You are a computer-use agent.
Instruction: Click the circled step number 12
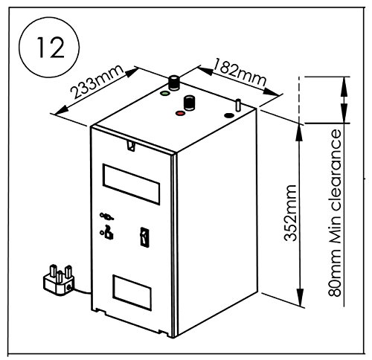[49, 47]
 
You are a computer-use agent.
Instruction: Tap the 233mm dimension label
[97, 81]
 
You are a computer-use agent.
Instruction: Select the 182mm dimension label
[240, 72]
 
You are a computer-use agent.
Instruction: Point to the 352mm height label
[290, 213]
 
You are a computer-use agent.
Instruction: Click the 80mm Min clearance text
[335, 213]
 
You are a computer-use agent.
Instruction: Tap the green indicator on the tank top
[165, 94]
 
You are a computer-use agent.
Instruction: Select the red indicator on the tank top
[180, 113]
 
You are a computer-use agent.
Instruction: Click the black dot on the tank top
[229, 115]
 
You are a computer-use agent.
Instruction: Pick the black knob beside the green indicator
[174, 83]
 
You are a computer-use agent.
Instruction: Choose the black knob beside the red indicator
[189, 103]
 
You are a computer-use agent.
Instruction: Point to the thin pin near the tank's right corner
[238, 105]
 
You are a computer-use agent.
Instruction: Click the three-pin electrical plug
[59, 280]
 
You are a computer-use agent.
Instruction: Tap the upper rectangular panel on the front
[131, 184]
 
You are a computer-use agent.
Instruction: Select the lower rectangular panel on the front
[132, 292]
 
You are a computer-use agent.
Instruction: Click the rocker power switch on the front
[144, 237]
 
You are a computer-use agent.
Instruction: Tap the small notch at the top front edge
[131, 146]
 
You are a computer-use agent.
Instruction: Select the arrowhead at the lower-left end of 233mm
[62, 110]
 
